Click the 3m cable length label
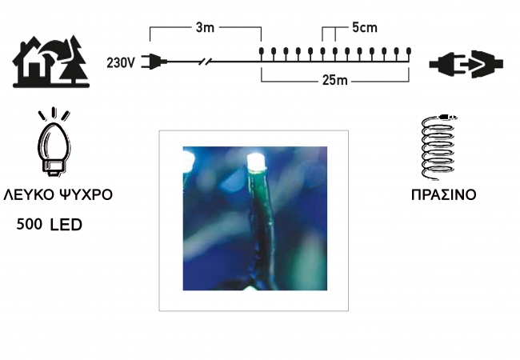(x=205, y=27)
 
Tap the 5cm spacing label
(x=365, y=27)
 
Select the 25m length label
(x=334, y=80)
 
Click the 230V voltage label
(x=121, y=62)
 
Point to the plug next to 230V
(x=154, y=62)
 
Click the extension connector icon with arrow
(x=466, y=64)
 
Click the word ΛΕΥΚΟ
(x=28, y=194)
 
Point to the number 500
(x=29, y=225)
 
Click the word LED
(x=66, y=225)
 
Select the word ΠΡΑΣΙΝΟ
(x=443, y=194)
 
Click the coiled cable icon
(x=438, y=147)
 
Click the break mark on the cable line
(x=206, y=62)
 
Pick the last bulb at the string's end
(x=409, y=53)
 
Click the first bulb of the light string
(x=261, y=53)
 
